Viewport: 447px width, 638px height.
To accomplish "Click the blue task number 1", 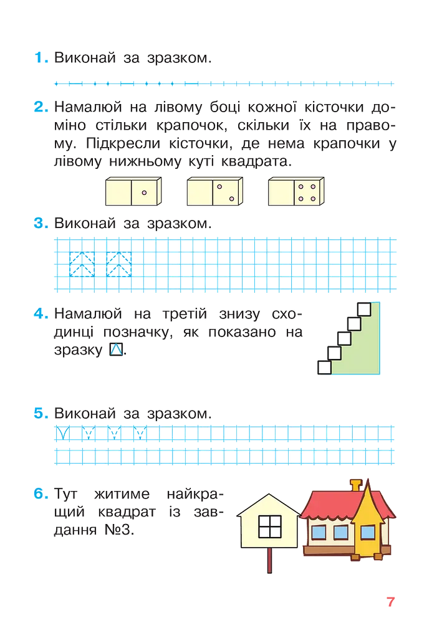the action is click(41, 58).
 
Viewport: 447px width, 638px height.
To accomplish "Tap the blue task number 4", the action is click(41, 314).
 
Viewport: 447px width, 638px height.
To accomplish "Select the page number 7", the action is click(391, 602).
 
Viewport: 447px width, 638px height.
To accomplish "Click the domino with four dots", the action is click(296, 191).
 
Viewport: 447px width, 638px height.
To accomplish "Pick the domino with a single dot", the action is click(133, 191).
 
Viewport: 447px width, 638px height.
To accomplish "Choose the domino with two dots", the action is click(215, 191).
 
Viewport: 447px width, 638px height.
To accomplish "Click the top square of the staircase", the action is click(364, 309).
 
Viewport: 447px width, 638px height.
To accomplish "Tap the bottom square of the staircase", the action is click(324, 368).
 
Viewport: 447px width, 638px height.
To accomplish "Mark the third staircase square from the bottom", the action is click(344, 338).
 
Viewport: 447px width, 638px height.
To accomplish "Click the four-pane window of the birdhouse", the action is click(270, 526).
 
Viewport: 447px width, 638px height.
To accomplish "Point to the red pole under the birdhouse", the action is click(269, 560).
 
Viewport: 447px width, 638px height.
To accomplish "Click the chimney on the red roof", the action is click(356, 486).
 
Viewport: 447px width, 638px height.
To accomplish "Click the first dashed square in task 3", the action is click(82, 264).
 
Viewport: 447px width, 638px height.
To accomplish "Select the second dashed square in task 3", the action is click(119, 264).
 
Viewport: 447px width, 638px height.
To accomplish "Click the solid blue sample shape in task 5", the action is click(62, 433).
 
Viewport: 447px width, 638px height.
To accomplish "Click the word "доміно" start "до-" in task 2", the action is click(383, 107).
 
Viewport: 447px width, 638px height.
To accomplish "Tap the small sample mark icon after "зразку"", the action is click(117, 350).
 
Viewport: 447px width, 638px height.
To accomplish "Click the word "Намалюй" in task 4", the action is click(88, 314).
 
